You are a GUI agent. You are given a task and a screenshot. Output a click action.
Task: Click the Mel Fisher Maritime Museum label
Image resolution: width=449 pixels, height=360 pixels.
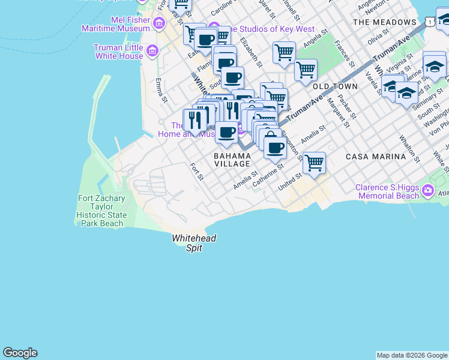click(117, 24)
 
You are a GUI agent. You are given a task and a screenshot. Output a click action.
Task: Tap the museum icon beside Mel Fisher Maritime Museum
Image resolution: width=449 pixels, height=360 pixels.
click(159, 24)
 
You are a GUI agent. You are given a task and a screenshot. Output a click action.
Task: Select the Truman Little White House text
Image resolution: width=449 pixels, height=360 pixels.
click(118, 52)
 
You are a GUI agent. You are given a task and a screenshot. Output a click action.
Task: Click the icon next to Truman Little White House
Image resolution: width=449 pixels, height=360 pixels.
click(152, 52)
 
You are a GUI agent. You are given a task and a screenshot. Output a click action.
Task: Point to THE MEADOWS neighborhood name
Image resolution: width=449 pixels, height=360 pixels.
click(384, 22)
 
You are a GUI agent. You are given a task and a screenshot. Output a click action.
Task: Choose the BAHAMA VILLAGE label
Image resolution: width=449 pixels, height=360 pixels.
click(232, 160)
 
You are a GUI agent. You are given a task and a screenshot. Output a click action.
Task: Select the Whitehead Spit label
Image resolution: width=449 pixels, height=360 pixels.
click(193, 242)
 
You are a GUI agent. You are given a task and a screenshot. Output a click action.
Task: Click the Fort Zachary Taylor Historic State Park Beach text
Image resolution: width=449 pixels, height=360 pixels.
click(101, 211)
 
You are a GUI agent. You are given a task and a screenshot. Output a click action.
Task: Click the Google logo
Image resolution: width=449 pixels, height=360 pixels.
click(20, 353)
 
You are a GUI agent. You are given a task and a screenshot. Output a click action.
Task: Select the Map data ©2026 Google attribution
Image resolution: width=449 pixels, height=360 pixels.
click(412, 355)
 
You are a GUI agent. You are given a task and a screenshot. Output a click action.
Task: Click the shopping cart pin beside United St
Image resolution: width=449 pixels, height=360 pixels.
click(315, 162)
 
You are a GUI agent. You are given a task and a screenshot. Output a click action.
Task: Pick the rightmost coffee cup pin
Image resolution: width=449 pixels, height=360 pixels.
click(275, 147)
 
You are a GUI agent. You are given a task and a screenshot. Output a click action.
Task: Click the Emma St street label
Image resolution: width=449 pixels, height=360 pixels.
click(160, 89)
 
